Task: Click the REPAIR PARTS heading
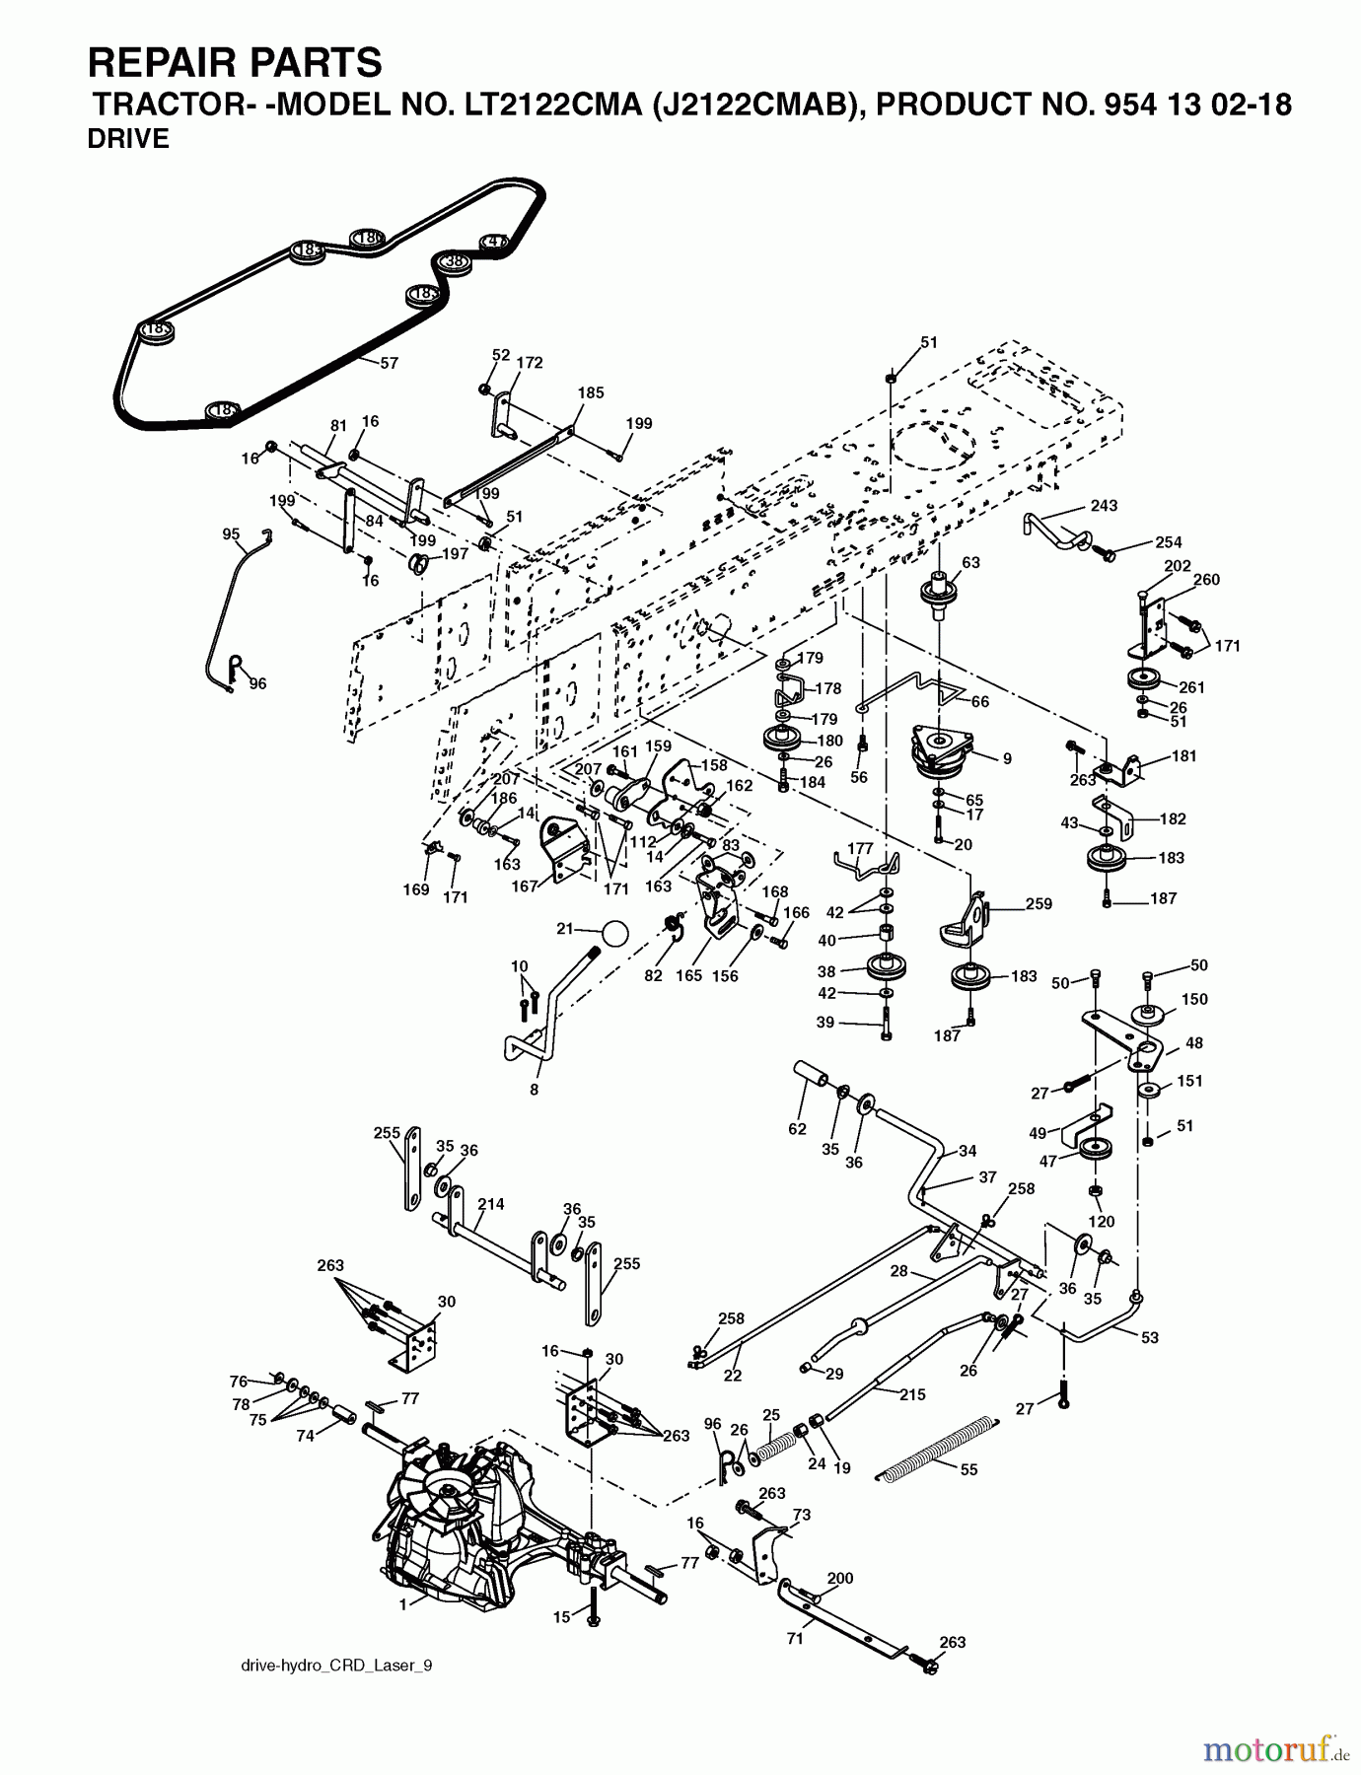[235, 63]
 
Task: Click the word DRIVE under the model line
[128, 139]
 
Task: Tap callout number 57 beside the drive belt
[390, 364]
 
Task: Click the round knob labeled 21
[614, 933]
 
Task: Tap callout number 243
[1104, 506]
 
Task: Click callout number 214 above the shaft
[490, 1204]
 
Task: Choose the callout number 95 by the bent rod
[231, 534]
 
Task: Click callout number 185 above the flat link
[591, 392]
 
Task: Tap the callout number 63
[970, 563]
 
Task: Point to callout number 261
[1191, 687]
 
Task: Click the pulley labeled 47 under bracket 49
[1095, 1150]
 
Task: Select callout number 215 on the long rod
[913, 1394]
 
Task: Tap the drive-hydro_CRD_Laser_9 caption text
[336, 1666]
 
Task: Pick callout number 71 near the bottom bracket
[795, 1639]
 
